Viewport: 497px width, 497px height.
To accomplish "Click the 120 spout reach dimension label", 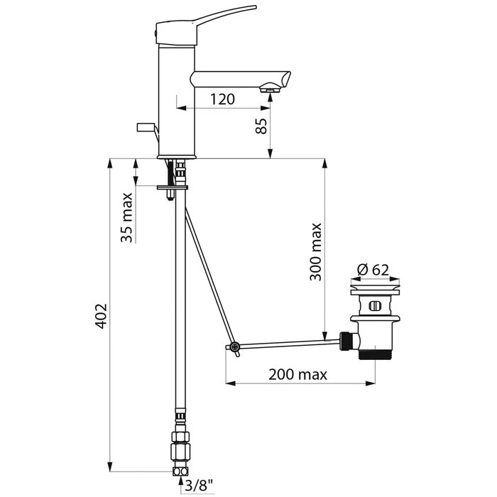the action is click(x=222, y=99).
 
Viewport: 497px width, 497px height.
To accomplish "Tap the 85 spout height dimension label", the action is click(x=261, y=126).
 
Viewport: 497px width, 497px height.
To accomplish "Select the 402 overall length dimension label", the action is click(x=102, y=316).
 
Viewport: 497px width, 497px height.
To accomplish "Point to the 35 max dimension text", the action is click(x=126, y=217).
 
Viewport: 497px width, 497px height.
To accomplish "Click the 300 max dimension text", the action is click(x=316, y=252).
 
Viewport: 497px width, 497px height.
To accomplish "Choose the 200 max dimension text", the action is click(x=297, y=375).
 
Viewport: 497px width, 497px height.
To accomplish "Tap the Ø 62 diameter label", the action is click(x=373, y=270).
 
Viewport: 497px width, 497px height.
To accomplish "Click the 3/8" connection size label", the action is click(x=199, y=485).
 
